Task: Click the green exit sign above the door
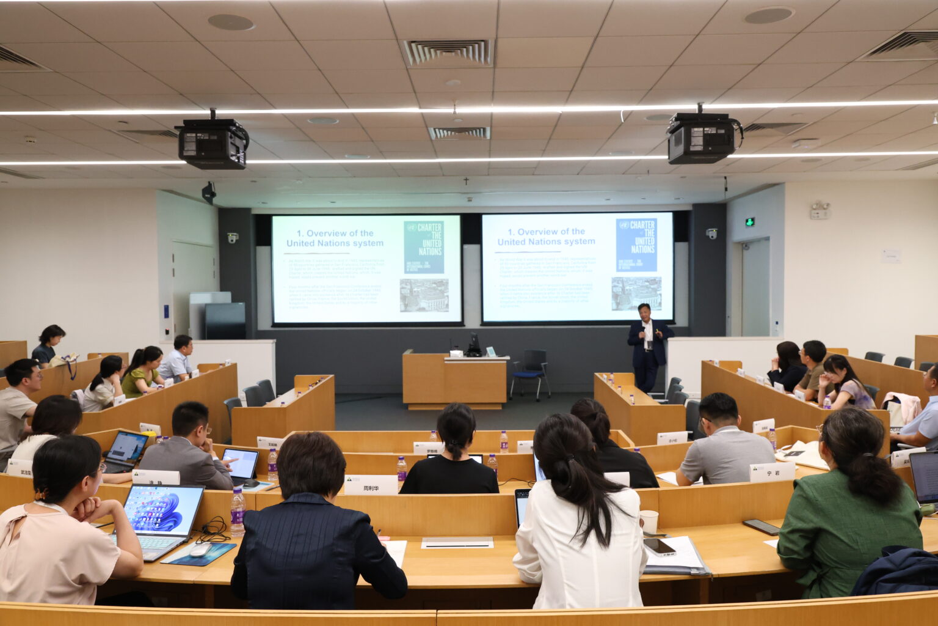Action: click(750, 222)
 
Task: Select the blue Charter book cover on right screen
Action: click(636, 245)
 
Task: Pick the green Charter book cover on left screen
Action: click(424, 247)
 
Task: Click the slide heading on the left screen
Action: click(335, 238)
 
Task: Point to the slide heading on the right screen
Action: click(545, 237)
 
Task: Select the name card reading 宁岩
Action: click(772, 472)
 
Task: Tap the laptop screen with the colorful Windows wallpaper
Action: click(163, 509)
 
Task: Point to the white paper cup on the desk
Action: click(649, 521)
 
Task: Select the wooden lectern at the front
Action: click(454, 381)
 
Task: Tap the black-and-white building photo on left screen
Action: click(424, 295)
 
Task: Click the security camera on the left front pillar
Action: click(232, 237)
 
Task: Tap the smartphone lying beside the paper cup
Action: click(660, 546)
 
